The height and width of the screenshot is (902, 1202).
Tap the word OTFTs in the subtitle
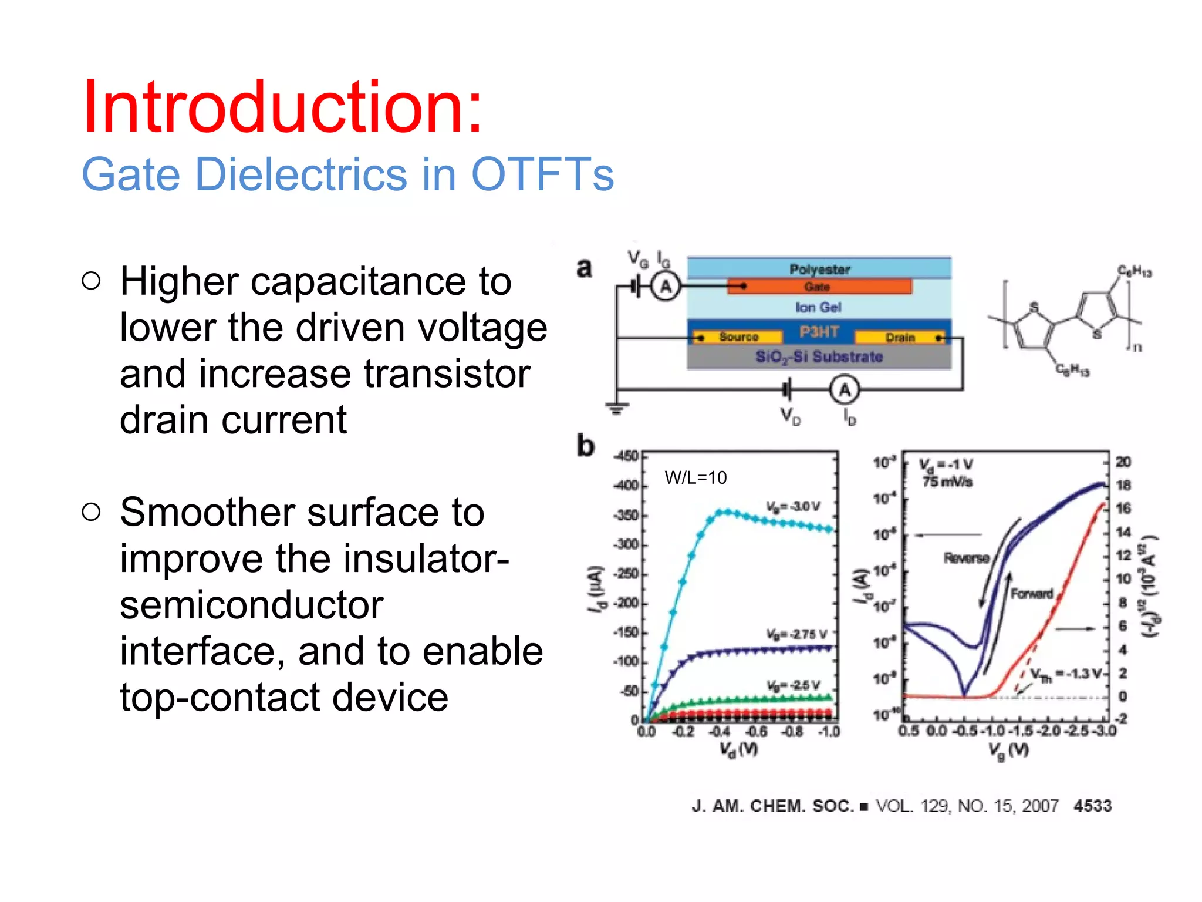542,174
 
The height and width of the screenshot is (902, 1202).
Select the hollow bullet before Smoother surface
92,512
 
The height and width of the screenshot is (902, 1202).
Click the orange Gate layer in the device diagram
819,287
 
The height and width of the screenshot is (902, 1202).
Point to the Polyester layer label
819,269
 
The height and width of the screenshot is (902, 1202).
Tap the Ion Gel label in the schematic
818,307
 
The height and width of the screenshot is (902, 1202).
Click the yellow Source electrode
738,337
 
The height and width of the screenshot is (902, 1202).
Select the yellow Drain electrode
900,337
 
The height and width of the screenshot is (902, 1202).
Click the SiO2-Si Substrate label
819,356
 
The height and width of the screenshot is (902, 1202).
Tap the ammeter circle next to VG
666,287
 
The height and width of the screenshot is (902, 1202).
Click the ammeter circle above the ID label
844,390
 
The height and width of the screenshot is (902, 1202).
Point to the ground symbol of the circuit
616,408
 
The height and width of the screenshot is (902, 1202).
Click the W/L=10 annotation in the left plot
695,477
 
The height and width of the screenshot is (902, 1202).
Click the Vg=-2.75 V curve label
796,634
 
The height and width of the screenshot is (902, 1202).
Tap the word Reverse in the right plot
966,557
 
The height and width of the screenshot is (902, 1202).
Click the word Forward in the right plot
1032,594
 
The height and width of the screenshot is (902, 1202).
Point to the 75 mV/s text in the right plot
947,482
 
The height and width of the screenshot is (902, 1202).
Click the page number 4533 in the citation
1092,806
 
